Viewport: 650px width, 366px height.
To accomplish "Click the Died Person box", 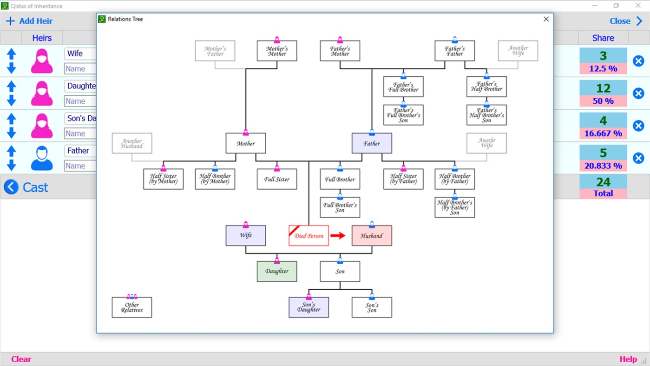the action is click(x=309, y=236).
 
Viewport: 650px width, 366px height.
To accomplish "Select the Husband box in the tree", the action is click(x=372, y=236).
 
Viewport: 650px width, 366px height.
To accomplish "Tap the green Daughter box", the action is click(x=277, y=271).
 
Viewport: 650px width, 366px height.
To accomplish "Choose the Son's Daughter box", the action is click(x=309, y=307).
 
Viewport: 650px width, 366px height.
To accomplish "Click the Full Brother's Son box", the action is click(x=340, y=207).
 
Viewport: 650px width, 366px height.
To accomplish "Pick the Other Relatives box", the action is click(x=132, y=307).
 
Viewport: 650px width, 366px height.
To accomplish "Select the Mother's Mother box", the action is click(x=277, y=51).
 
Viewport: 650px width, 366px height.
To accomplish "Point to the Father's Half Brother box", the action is click(x=486, y=87).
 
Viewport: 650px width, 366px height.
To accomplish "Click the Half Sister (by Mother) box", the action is click(x=164, y=179).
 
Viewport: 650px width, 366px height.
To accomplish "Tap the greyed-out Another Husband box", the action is click(x=132, y=143).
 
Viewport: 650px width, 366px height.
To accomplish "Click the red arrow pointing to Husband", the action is click(x=338, y=236).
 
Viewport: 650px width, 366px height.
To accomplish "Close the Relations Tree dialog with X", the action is click(x=546, y=19).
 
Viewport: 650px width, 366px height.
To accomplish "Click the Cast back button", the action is click(x=26, y=187).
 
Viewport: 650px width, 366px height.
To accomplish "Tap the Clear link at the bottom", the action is click(x=21, y=359).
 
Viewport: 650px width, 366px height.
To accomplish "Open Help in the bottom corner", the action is click(x=628, y=359).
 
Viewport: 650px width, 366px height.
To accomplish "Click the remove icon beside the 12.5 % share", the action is click(x=638, y=61).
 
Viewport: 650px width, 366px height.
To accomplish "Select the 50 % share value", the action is click(x=603, y=101).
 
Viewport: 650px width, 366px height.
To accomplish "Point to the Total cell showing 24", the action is click(x=603, y=187).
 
